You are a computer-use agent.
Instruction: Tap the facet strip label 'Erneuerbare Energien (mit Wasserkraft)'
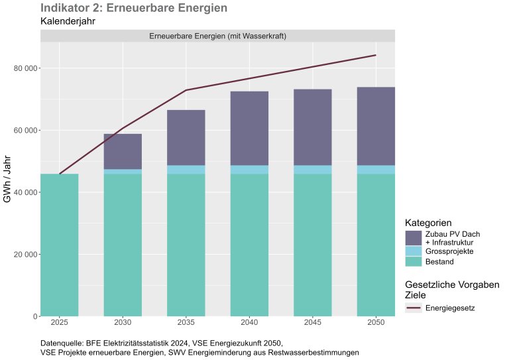point(217,35)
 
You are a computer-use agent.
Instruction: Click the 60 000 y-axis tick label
point(25,131)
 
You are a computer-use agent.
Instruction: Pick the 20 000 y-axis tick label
point(25,255)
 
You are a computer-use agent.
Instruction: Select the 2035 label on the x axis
point(186,323)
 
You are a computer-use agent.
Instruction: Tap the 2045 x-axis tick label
point(313,323)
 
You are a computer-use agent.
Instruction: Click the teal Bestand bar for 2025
point(59,245)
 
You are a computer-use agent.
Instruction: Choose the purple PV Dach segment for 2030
point(123,152)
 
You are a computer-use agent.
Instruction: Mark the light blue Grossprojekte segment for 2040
point(249,170)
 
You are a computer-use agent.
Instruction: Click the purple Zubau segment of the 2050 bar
point(376,126)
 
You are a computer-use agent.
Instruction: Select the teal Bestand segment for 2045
point(313,245)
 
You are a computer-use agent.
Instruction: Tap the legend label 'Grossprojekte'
point(449,251)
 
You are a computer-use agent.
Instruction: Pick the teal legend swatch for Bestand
point(414,261)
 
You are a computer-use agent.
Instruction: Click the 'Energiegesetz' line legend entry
point(450,308)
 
